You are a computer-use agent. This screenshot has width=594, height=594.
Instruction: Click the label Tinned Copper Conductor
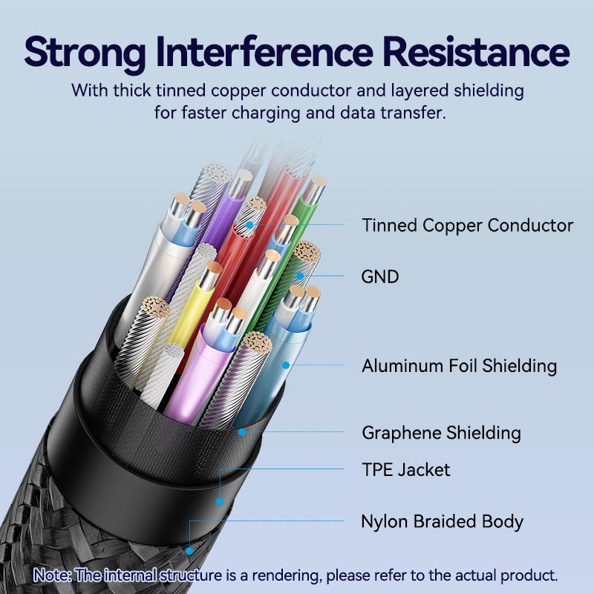click(x=467, y=225)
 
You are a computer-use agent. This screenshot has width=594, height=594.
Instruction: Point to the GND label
click(x=380, y=277)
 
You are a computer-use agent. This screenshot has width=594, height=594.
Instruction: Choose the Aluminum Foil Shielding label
click(x=459, y=365)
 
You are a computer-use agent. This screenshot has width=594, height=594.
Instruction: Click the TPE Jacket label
click(x=405, y=469)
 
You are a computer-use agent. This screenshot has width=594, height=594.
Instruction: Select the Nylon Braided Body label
click(x=442, y=521)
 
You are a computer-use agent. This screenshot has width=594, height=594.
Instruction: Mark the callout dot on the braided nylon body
click(x=190, y=551)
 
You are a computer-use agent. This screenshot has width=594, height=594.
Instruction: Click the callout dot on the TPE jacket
click(x=220, y=502)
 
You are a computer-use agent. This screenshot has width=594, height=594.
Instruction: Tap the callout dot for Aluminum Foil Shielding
click(x=284, y=365)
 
